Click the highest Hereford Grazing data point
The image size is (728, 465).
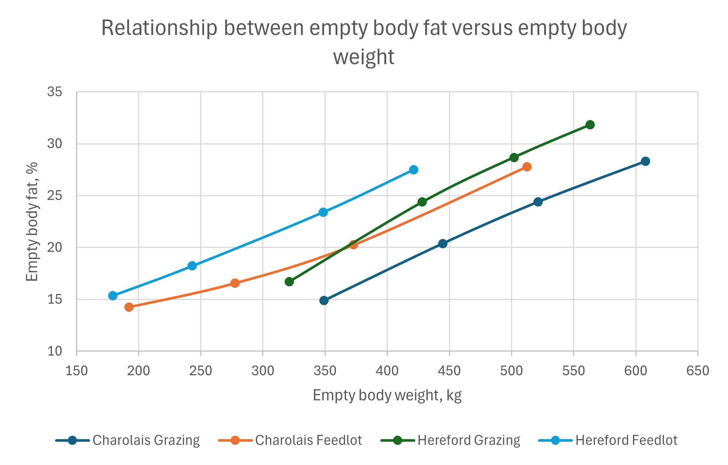click(590, 125)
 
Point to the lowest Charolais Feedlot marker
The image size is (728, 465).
click(129, 307)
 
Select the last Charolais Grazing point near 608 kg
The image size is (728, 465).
click(645, 161)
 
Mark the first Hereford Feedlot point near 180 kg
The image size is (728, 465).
click(113, 295)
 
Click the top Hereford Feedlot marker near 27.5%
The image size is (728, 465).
click(414, 170)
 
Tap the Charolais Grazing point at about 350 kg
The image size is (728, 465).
click(324, 300)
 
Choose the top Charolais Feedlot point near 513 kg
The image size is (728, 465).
click(527, 167)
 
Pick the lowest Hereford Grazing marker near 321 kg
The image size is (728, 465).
click(289, 282)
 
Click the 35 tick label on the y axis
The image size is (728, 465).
click(55, 92)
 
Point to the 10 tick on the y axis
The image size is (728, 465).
click(55, 351)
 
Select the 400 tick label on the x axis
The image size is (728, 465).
click(387, 371)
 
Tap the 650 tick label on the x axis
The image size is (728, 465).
click(698, 371)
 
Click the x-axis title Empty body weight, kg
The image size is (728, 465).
click(387, 395)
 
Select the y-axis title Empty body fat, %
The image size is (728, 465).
click(32, 222)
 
